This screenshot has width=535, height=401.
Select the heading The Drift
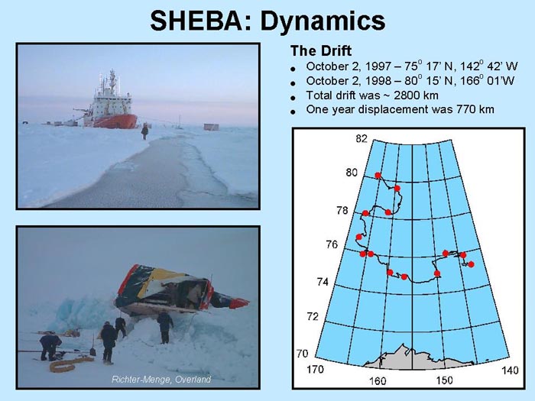[321, 51]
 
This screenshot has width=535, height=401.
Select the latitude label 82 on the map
[362, 139]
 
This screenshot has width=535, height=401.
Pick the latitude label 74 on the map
[323, 282]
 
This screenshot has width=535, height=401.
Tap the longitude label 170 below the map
[316, 369]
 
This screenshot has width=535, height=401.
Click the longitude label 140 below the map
[510, 370]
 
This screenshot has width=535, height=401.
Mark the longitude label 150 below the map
[444, 380]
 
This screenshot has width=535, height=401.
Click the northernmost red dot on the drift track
[378, 175]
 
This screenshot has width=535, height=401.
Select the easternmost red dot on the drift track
[472, 264]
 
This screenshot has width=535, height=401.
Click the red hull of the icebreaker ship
[115, 121]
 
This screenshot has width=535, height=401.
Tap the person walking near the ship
[144, 131]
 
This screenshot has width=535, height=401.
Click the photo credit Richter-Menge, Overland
[161, 379]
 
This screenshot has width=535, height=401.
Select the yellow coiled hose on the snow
[71, 364]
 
